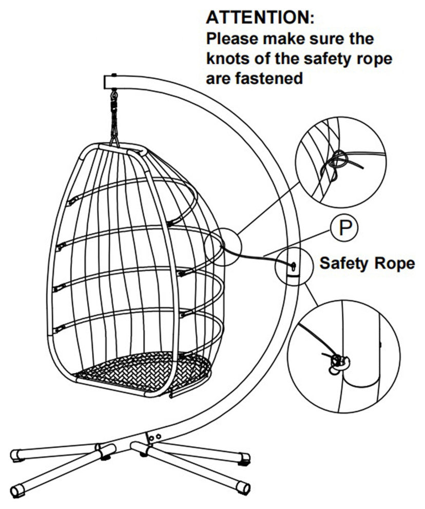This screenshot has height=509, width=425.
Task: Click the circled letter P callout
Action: click(x=344, y=228)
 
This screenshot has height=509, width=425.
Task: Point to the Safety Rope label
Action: click(x=367, y=263)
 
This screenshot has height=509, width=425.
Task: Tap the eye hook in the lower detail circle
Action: click(x=339, y=363)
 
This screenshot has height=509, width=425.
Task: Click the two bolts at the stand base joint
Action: click(x=154, y=437)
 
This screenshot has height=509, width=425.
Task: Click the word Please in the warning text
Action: click(x=233, y=39)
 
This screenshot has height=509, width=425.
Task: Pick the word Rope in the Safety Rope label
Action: click(x=395, y=264)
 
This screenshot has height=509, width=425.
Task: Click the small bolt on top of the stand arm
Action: click(x=113, y=75)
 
